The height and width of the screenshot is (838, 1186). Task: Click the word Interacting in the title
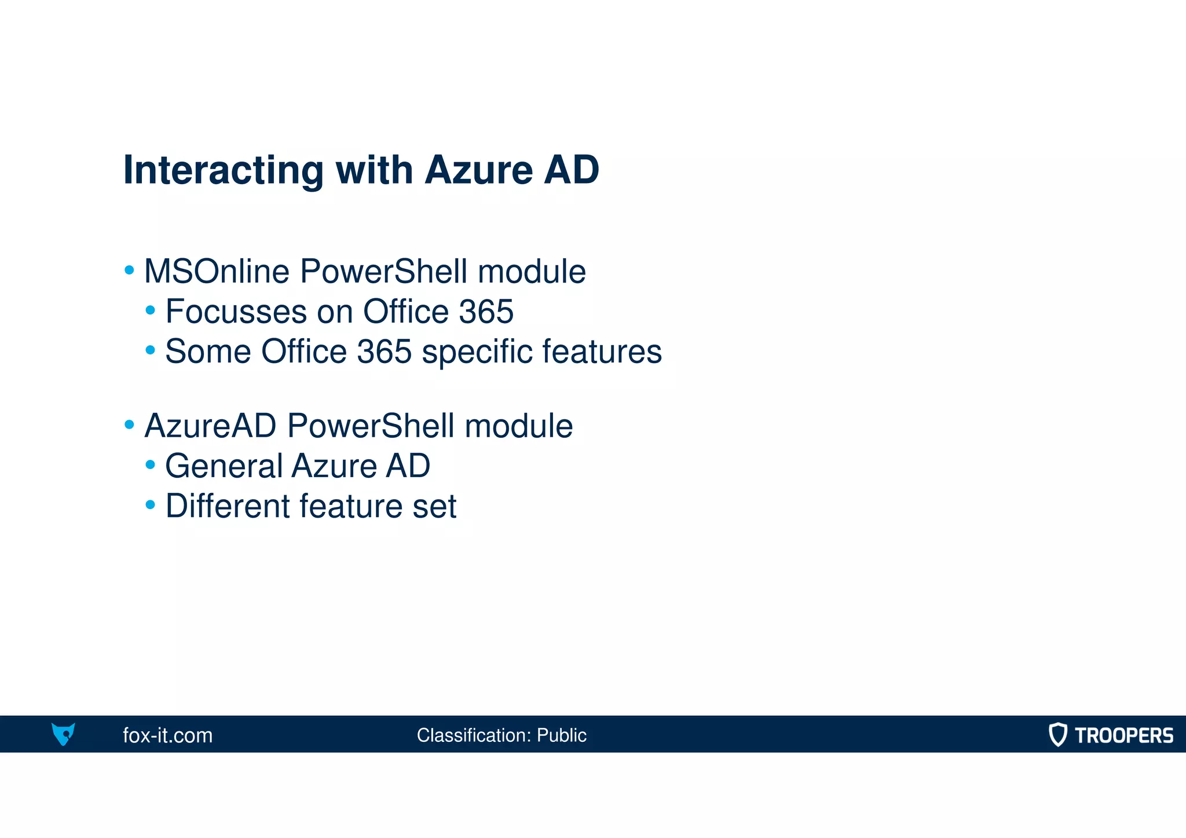pyautogui.click(x=223, y=170)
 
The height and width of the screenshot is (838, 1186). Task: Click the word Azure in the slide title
pyautogui.click(x=478, y=170)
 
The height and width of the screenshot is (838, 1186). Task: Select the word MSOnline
pyautogui.click(x=217, y=272)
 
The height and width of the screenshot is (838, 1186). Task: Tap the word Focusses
pyautogui.click(x=236, y=312)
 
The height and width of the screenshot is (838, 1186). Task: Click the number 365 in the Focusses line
pyautogui.click(x=486, y=312)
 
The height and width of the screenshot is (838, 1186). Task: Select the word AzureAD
pyautogui.click(x=210, y=426)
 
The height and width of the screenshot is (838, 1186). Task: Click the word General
pyautogui.click(x=223, y=466)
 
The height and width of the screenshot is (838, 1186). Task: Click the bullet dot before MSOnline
pyautogui.click(x=129, y=270)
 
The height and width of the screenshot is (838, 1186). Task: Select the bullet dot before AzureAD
pyautogui.click(x=129, y=425)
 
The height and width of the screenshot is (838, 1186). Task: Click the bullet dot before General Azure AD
pyautogui.click(x=151, y=464)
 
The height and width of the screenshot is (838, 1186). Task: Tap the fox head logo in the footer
pyautogui.click(x=63, y=734)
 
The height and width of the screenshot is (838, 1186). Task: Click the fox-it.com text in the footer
pyautogui.click(x=168, y=735)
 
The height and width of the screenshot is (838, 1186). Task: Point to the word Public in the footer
pyautogui.click(x=561, y=735)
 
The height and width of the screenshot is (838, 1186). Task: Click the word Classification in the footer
pyautogui.click(x=473, y=735)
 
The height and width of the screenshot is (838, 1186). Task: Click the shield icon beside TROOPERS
pyautogui.click(x=1057, y=734)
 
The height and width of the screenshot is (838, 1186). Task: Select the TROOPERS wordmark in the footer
pyautogui.click(x=1123, y=735)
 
